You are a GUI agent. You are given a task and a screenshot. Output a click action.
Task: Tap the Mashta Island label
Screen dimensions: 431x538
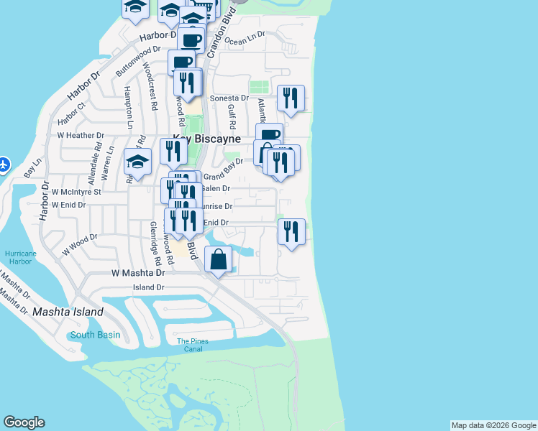(x=68, y=312)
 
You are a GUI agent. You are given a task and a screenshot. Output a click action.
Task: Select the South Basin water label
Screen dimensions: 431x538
(x=95, y=335)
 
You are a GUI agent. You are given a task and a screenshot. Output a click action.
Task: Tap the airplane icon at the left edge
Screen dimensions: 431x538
(x=3, y=164)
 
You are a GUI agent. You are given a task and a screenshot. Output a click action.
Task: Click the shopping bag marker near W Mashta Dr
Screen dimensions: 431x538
(x=219, y=260)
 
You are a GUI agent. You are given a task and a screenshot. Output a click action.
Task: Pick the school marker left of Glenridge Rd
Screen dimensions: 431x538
(x=137, y=162)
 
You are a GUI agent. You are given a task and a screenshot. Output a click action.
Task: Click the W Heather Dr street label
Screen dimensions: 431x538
(x=81, y=135)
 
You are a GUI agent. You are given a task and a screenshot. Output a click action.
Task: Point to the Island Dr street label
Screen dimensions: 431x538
(x=149, y=287)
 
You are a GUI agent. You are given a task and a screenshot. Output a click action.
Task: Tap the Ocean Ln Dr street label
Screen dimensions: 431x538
(x=245, y=37)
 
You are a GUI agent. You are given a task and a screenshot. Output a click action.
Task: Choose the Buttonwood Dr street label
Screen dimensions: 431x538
(x=134, y=62)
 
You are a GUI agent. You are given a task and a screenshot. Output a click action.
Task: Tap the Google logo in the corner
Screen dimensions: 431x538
(x=24, y=422)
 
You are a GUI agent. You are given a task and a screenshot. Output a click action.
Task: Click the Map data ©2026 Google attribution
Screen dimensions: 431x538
(x=493, y=425)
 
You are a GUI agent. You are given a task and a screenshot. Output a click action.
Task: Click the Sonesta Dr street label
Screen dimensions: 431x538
(x=229, y=98)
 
